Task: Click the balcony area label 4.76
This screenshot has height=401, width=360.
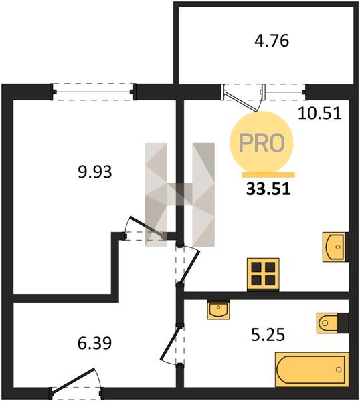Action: (x=272, y=41)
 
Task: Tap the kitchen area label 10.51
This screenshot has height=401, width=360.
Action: (x=320, y=114)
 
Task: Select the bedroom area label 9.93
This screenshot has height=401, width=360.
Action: (x=95, y=172)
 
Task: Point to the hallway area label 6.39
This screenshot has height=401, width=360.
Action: (x=95, y=343)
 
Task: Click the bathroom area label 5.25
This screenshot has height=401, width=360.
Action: (x=268, y=335)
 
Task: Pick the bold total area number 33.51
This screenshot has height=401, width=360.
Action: (x=268, y=190)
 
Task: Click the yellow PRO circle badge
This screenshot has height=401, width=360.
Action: (x=262, y=142)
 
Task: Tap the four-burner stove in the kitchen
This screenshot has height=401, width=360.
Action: (x=263, y=275)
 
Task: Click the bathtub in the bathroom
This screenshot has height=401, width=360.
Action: (x=312, y=370)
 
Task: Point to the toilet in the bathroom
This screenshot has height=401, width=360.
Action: (x=333, y=323)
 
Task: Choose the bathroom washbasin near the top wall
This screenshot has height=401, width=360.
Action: (x=218, y=309)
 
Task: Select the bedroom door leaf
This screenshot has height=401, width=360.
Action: (x=147, y=227)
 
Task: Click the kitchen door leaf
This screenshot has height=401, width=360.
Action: (x=189, y=266)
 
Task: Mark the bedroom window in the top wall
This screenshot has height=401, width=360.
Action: (x=93, y=92)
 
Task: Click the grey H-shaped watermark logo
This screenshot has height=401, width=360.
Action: (x=179, y=194)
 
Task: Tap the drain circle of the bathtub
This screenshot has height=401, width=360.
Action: (x=339, y=370)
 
